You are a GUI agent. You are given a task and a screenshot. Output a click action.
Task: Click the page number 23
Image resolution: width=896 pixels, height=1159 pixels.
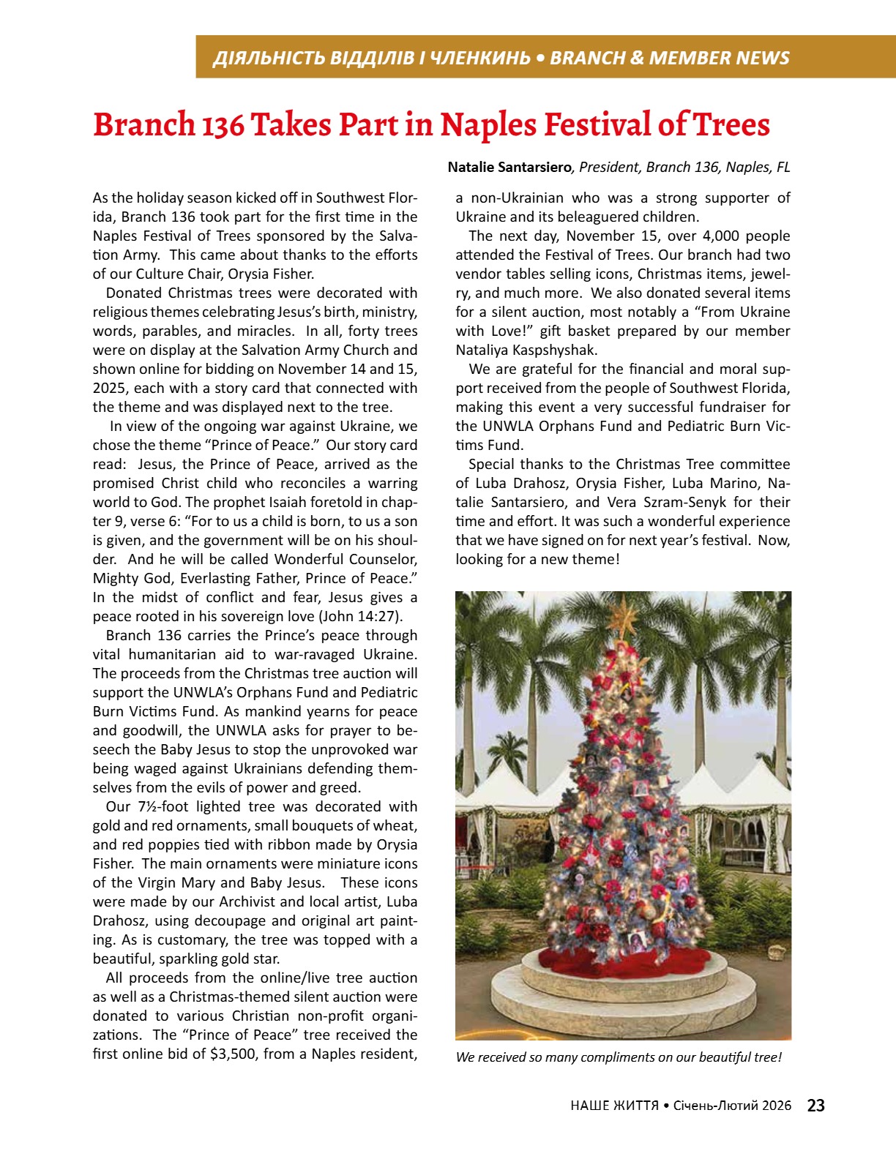(x=815, y=1106)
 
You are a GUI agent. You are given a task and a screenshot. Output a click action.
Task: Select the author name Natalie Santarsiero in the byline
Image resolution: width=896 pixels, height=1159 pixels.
(x=509, y=168)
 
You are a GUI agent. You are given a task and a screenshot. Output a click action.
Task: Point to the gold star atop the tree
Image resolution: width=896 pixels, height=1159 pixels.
(x=624, y=617)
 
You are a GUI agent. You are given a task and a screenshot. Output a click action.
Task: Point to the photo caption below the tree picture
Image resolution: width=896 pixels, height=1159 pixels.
(x=619, y=1057)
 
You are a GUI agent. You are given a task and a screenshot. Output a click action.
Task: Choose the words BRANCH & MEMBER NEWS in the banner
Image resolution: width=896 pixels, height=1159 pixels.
(x=669, y=58)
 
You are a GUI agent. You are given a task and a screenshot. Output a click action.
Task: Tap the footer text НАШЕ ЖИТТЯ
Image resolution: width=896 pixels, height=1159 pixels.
(x=613, y=1106)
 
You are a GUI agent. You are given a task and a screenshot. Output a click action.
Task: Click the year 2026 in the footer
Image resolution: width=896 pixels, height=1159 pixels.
(x=776, y=1106)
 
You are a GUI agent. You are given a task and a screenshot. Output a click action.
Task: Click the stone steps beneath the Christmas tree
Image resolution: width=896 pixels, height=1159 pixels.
(x=622, y=1006)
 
